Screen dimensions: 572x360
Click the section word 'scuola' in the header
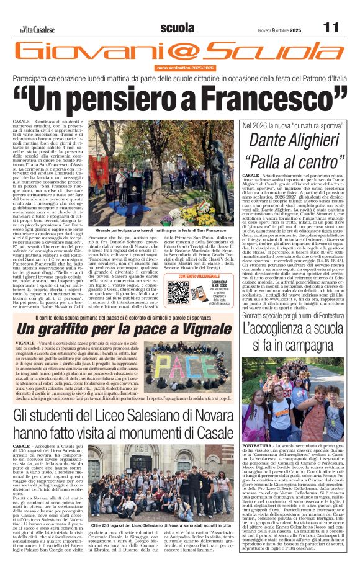tap(177, 28)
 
